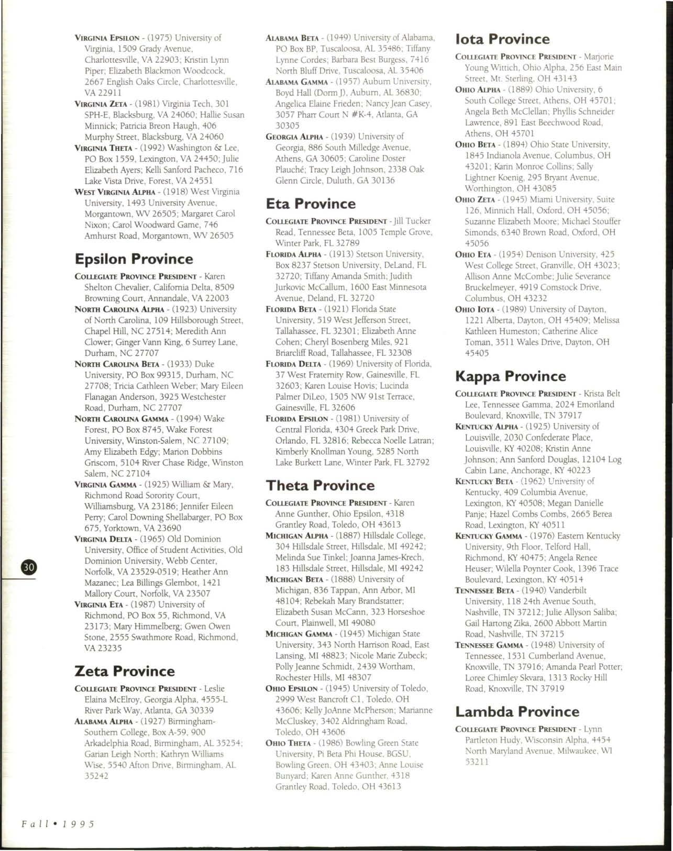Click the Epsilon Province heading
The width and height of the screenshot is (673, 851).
pyautogui.click(x=134, y=259)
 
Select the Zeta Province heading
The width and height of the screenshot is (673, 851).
pyautogui.click(x=125, y=671)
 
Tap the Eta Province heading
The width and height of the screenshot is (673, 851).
pyautogui.click(x=311, y=204)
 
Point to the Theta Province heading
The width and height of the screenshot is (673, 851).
pyautogui.click(x=320, y=485)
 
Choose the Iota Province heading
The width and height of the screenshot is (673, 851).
pyautogui.click(x=502, y=39)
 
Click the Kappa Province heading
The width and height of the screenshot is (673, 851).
pyautogui.click(x=510, y=376)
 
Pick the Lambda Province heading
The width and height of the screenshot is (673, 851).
pyautogui.click(x=517, y=712)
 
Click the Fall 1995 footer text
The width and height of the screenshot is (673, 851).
pyautogui.click(x=58, y=824)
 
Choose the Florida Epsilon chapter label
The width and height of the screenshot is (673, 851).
pyautogui.click(x=297, y=419)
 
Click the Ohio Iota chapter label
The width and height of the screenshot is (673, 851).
pyautogui.click(x=477, y=309)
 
